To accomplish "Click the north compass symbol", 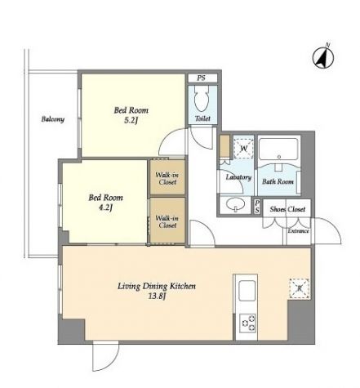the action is tap(323, 58).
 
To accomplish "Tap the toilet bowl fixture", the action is tap(202, 98).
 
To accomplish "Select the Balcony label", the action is tap(53, 119).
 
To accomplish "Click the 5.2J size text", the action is tap(131, 120).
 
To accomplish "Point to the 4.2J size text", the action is tap(105, 207).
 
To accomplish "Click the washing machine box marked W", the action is tap(243, 149).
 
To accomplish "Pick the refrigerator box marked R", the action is tap(300, 288).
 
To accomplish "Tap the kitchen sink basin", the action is tap(247, 290).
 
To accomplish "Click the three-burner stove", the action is tap(247, 323).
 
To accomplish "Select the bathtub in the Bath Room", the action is tap(278, 149).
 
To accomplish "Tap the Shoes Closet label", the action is tap(287, 209).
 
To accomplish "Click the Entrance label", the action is tap(299, 231).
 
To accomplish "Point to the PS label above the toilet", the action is tap(201, 78).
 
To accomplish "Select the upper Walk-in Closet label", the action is tap(167, 179).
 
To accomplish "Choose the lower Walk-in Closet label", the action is tap(167, 221).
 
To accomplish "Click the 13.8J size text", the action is tap(157, 297).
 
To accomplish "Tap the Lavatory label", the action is tap(238, 177).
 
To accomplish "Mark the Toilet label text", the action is tap(202, 118).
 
